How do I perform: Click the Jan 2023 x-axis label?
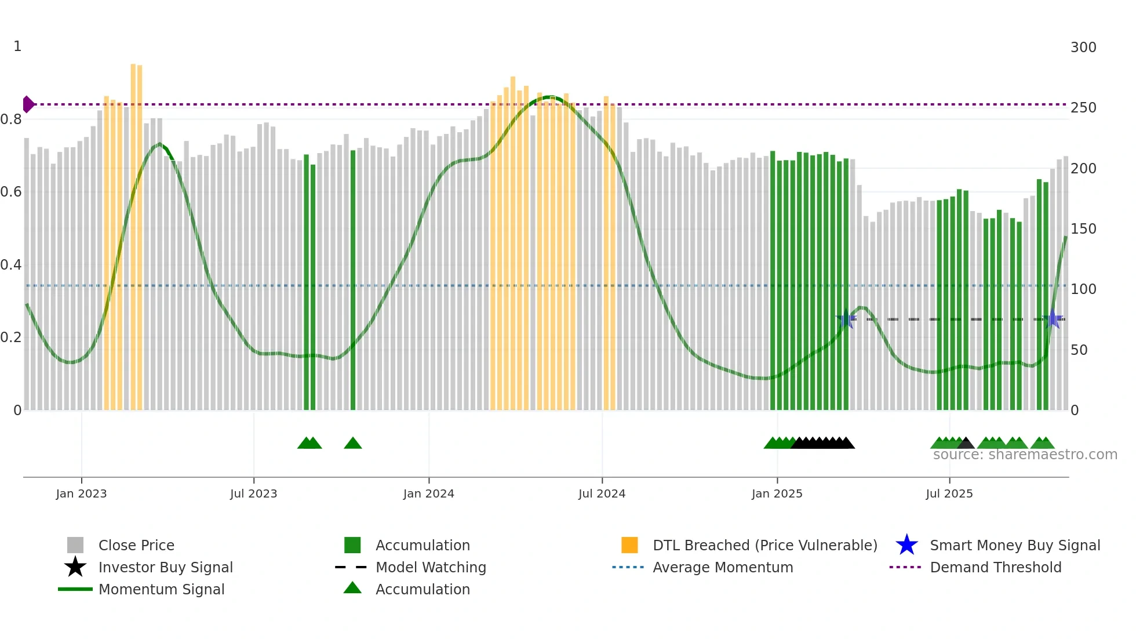(81, 493)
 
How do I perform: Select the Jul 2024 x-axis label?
(602, 493)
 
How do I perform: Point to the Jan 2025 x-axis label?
(777, 493)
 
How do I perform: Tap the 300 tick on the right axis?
(1083, 48)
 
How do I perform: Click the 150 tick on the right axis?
(1083, 229)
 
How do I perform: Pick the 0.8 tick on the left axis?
(12, 119)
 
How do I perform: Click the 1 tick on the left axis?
(17, 46)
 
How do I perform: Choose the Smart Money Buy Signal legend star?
(906, 545)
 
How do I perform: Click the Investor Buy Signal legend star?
(75, 567)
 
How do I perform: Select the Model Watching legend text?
(431, 567)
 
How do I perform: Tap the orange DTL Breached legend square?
(629, 545)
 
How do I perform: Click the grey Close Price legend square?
(75, 545)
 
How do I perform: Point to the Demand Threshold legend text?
(995, 567)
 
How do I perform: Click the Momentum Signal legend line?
(75, 589)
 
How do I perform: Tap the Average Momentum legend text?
(723, 567)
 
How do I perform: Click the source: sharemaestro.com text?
(1025, 455)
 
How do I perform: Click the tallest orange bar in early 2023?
(133, 232)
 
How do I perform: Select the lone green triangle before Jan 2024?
(353, 444)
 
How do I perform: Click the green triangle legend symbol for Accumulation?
(352, 588)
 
